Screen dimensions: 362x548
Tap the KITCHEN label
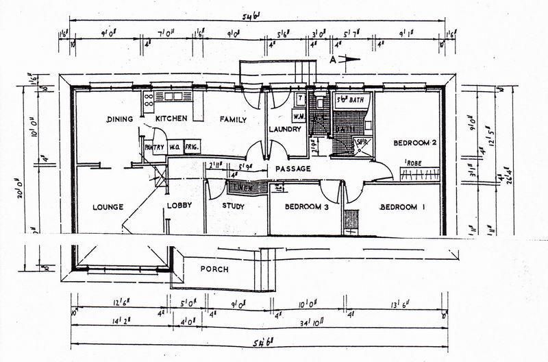click(171, 119)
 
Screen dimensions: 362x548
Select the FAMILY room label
click(233, 119)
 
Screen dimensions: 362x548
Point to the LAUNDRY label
click(286, 129)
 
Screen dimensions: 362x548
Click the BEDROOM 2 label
click(414, 143)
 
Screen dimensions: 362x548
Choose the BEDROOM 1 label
click(402, 206)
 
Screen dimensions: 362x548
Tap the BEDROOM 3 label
click(308, 206)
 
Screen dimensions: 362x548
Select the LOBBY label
click(179, 205)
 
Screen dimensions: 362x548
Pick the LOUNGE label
click(105, 206)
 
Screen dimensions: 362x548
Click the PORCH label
click(214, 269)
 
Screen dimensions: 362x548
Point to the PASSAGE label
click(293, 169)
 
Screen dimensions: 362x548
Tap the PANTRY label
click(153, 146)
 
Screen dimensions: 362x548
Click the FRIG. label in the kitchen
click(193, 146)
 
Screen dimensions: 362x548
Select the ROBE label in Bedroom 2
click(414, 162)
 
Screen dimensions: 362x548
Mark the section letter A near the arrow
click(334, 60)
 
